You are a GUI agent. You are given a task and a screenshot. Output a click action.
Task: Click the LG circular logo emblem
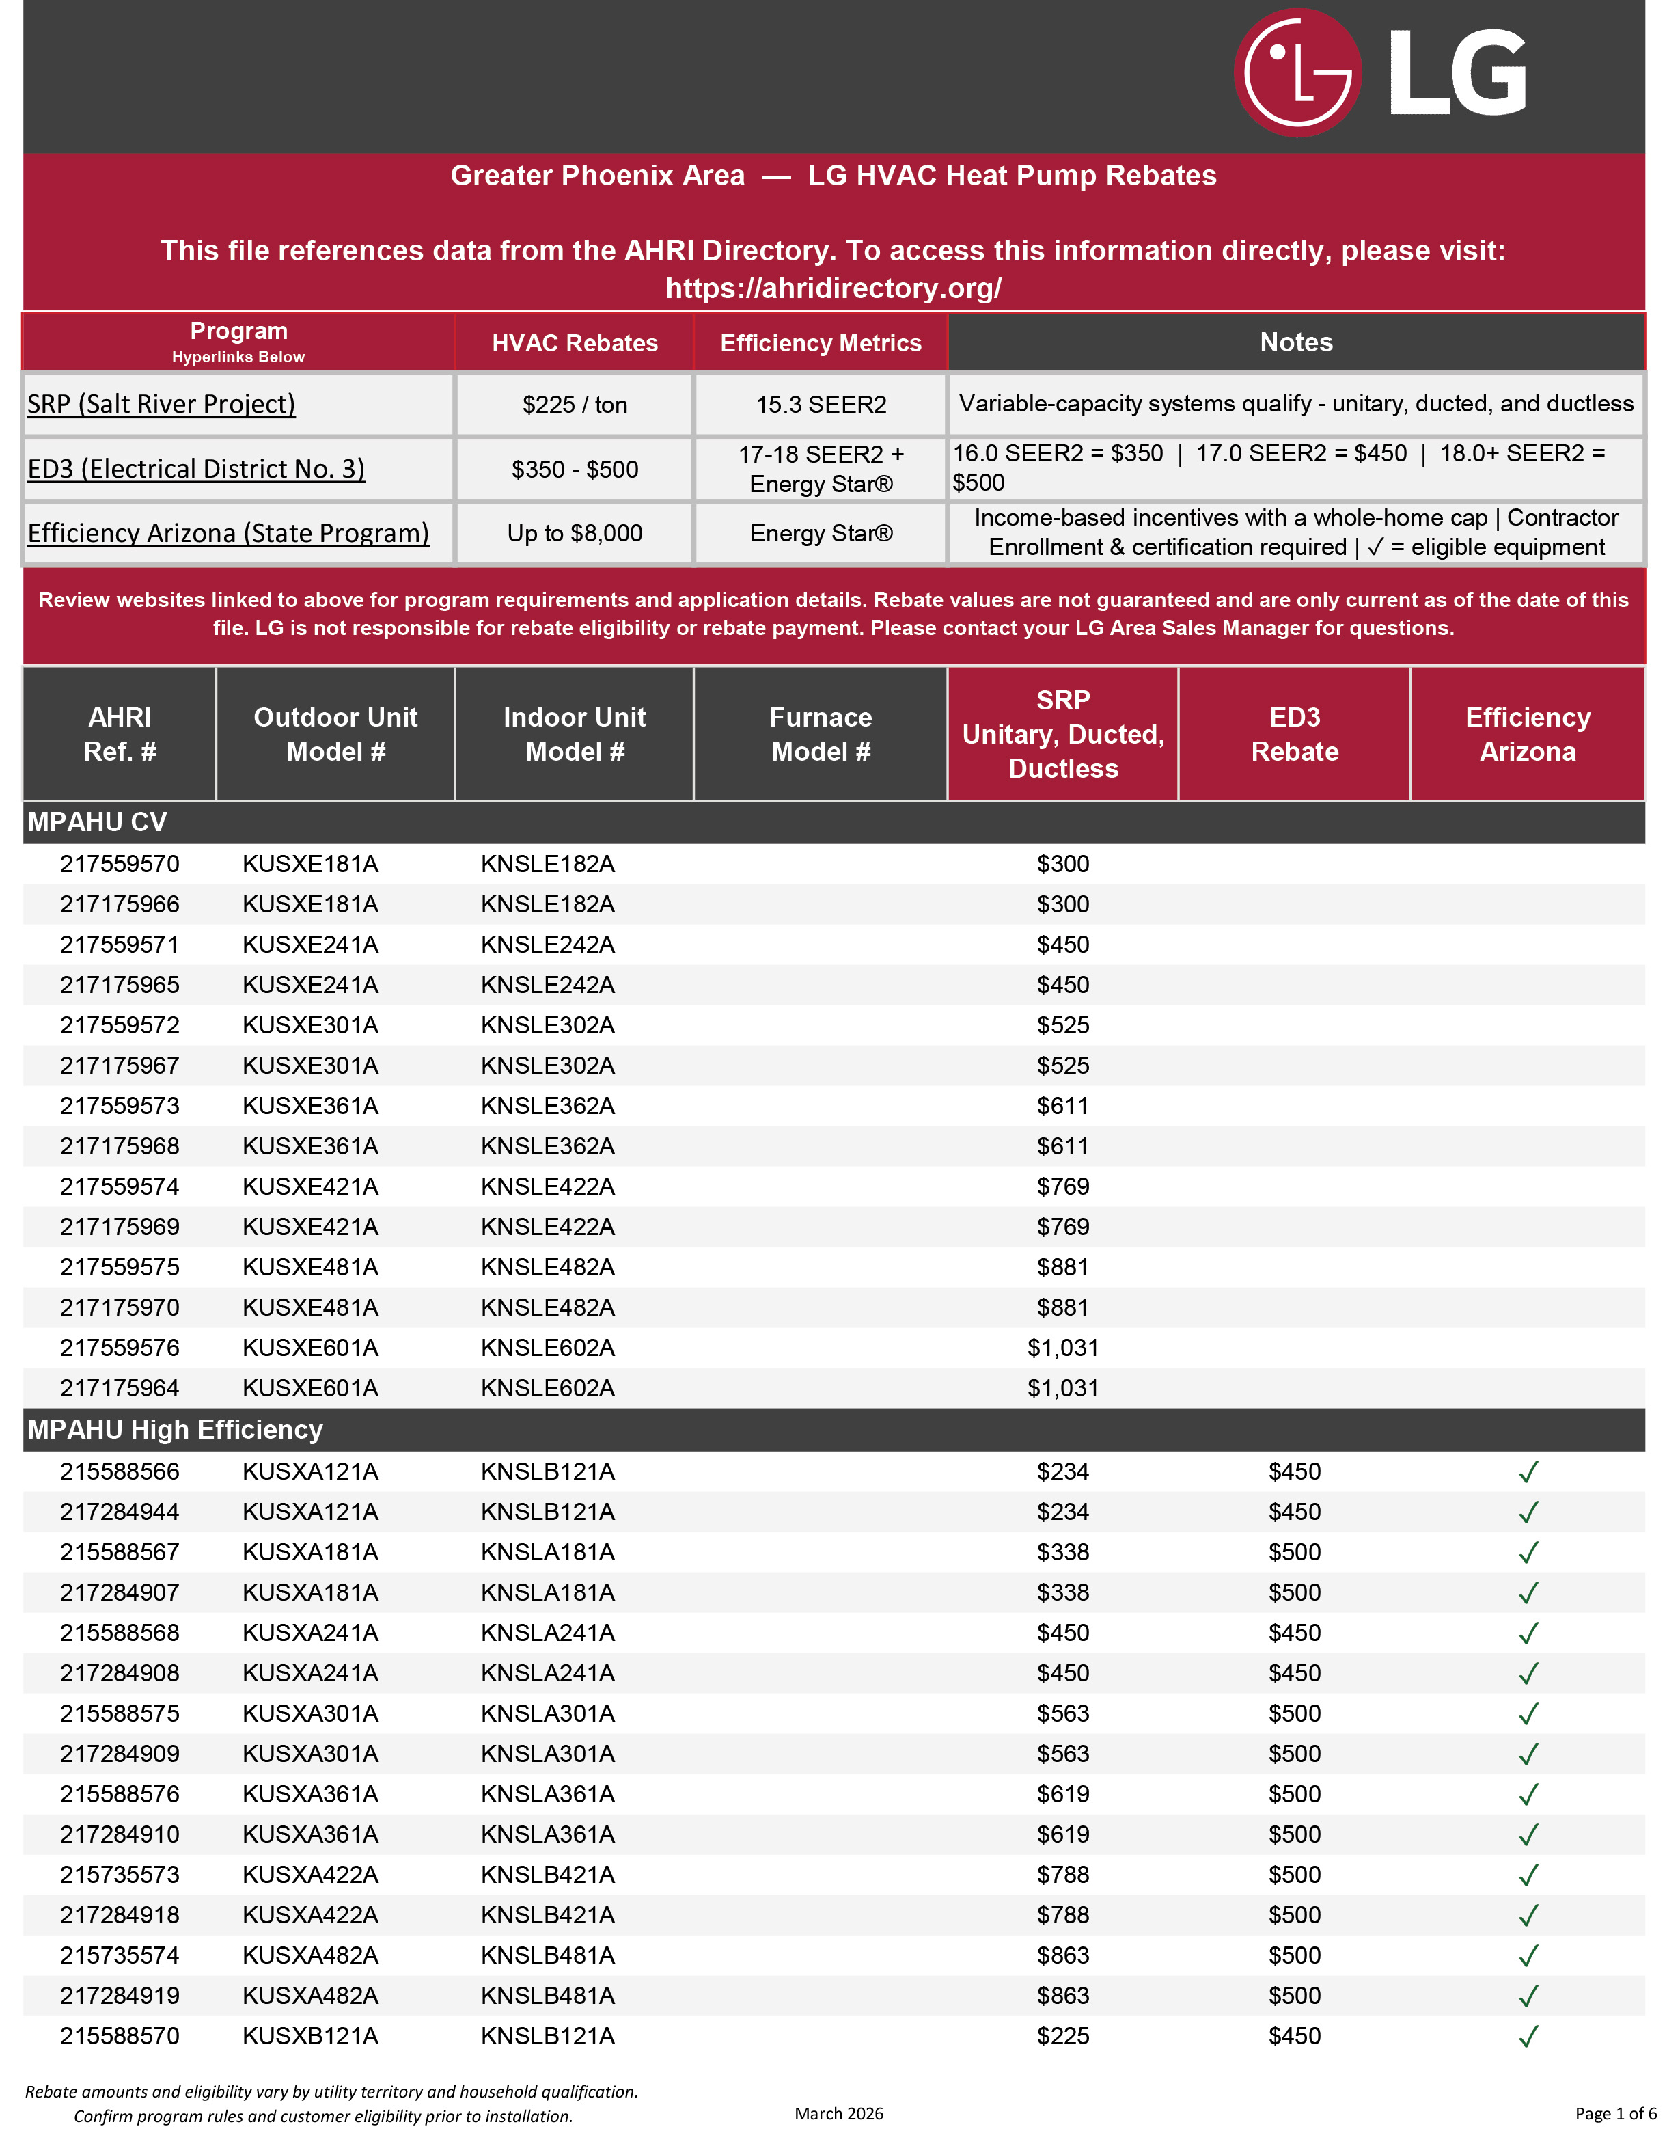tap(1297, 73)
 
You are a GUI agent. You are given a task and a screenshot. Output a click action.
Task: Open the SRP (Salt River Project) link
tap(161, 405)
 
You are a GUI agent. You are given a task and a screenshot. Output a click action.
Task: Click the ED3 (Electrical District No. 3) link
tap(195, 470)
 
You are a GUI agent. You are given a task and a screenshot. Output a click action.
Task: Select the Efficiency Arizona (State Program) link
tap(228, 533)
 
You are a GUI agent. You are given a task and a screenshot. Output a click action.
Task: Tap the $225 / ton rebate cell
tap(575, 405)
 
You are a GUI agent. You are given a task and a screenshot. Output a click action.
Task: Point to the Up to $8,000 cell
tap(575, 533)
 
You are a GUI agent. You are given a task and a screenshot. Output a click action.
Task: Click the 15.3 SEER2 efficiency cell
tap(821, 405)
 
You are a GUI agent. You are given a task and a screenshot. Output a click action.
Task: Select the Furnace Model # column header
tap(821, 734)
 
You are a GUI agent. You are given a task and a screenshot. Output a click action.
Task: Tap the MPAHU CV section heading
tap(98, 822)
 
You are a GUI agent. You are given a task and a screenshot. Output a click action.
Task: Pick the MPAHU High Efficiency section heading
tap(175, 1430)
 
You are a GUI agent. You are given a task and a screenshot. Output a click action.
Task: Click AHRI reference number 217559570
tap(120, 864)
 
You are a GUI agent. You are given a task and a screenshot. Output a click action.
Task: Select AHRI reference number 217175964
tap(120, 1388)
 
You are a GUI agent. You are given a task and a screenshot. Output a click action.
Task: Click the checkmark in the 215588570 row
tap(1528, 2037)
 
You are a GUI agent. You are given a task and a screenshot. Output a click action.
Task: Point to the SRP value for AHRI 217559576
tap(1062, 1348)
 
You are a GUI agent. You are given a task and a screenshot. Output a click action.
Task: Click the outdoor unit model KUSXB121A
tap(310, 2037)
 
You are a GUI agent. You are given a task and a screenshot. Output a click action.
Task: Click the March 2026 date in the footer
tap(839, 2113)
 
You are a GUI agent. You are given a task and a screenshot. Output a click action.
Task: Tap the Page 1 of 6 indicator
tap(1615, 2113)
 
